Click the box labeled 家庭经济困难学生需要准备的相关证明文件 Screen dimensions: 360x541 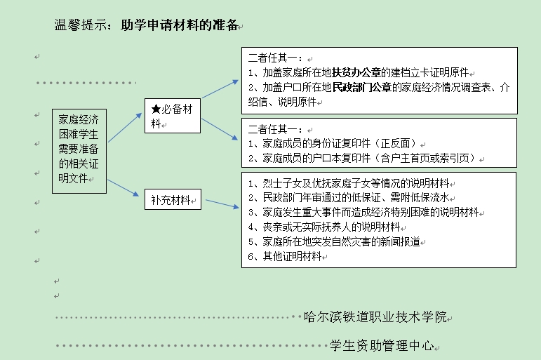[81, 151]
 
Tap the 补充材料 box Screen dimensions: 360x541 [172, 199]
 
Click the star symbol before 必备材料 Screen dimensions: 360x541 [156, 109]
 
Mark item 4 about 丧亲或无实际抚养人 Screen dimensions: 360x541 [323, 227]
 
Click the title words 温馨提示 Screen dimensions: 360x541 [80, 26]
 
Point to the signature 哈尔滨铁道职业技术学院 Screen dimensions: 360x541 [375, 316]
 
